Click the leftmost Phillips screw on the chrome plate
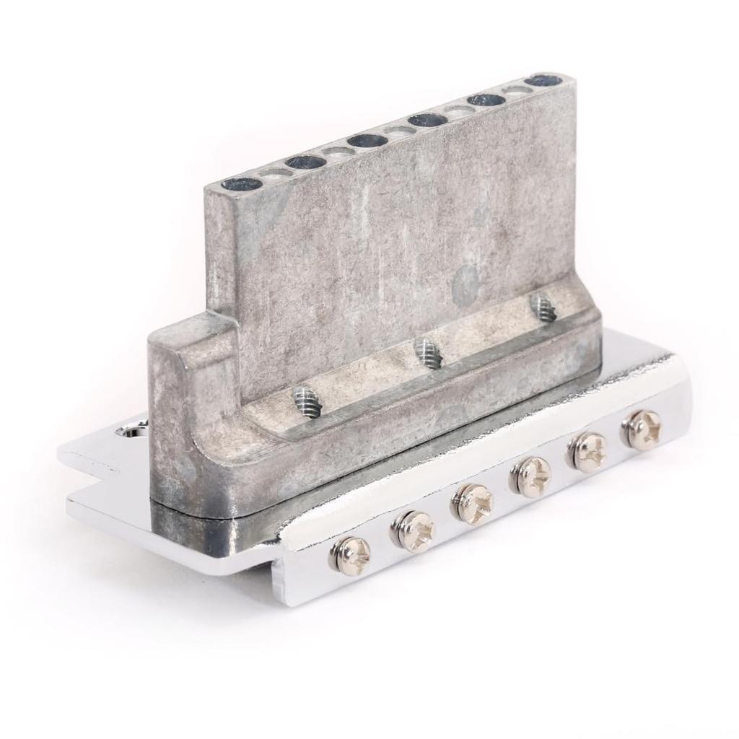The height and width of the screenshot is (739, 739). coord(351,555)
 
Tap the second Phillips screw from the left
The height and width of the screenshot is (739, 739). coord(414,533)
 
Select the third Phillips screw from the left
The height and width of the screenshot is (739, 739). coord(473,503)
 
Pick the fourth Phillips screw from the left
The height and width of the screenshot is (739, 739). coord(532,476)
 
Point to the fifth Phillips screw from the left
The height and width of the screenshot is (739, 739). coord(589,453)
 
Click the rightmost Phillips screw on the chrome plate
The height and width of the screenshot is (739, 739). coord(642,430)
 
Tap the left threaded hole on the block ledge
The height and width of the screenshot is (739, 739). coord(306,402)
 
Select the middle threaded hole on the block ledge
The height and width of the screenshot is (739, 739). coord(429,353)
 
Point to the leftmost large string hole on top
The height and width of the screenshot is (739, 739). coord(242,184)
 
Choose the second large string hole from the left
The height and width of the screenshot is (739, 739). coord(305,162)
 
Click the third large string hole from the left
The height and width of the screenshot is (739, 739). coord(367,141)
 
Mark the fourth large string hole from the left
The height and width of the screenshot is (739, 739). coord(428,120)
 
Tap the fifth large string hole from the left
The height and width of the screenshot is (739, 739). coord(486,100)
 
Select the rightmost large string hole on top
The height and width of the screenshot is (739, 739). coord(544,80)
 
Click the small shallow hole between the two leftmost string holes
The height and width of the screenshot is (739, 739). coord(275,173)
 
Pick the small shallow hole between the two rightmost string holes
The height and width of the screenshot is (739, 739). coord(516,90)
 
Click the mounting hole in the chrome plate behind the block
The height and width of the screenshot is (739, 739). coord(132,432)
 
